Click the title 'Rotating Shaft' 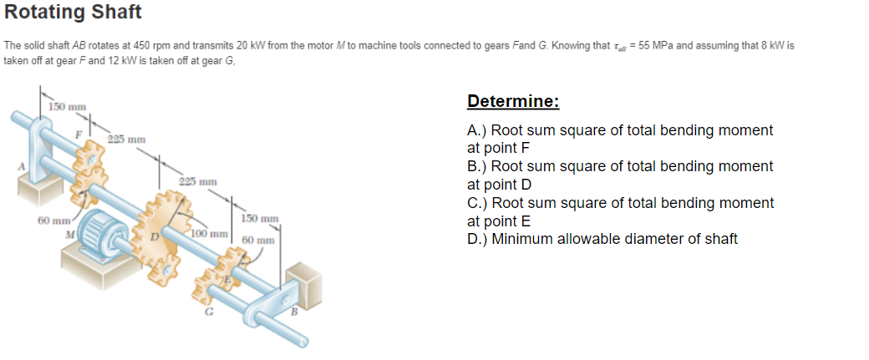[x=74, y=12]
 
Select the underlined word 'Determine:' [x=513, y=101]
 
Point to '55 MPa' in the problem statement [x=656, y=45]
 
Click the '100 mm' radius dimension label [x=210, y=234]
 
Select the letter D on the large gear [x=155, y=236]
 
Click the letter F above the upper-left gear [x=79, y=133]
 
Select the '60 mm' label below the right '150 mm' [x=258, y=241]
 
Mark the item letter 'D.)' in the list [x=477, y=239]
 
